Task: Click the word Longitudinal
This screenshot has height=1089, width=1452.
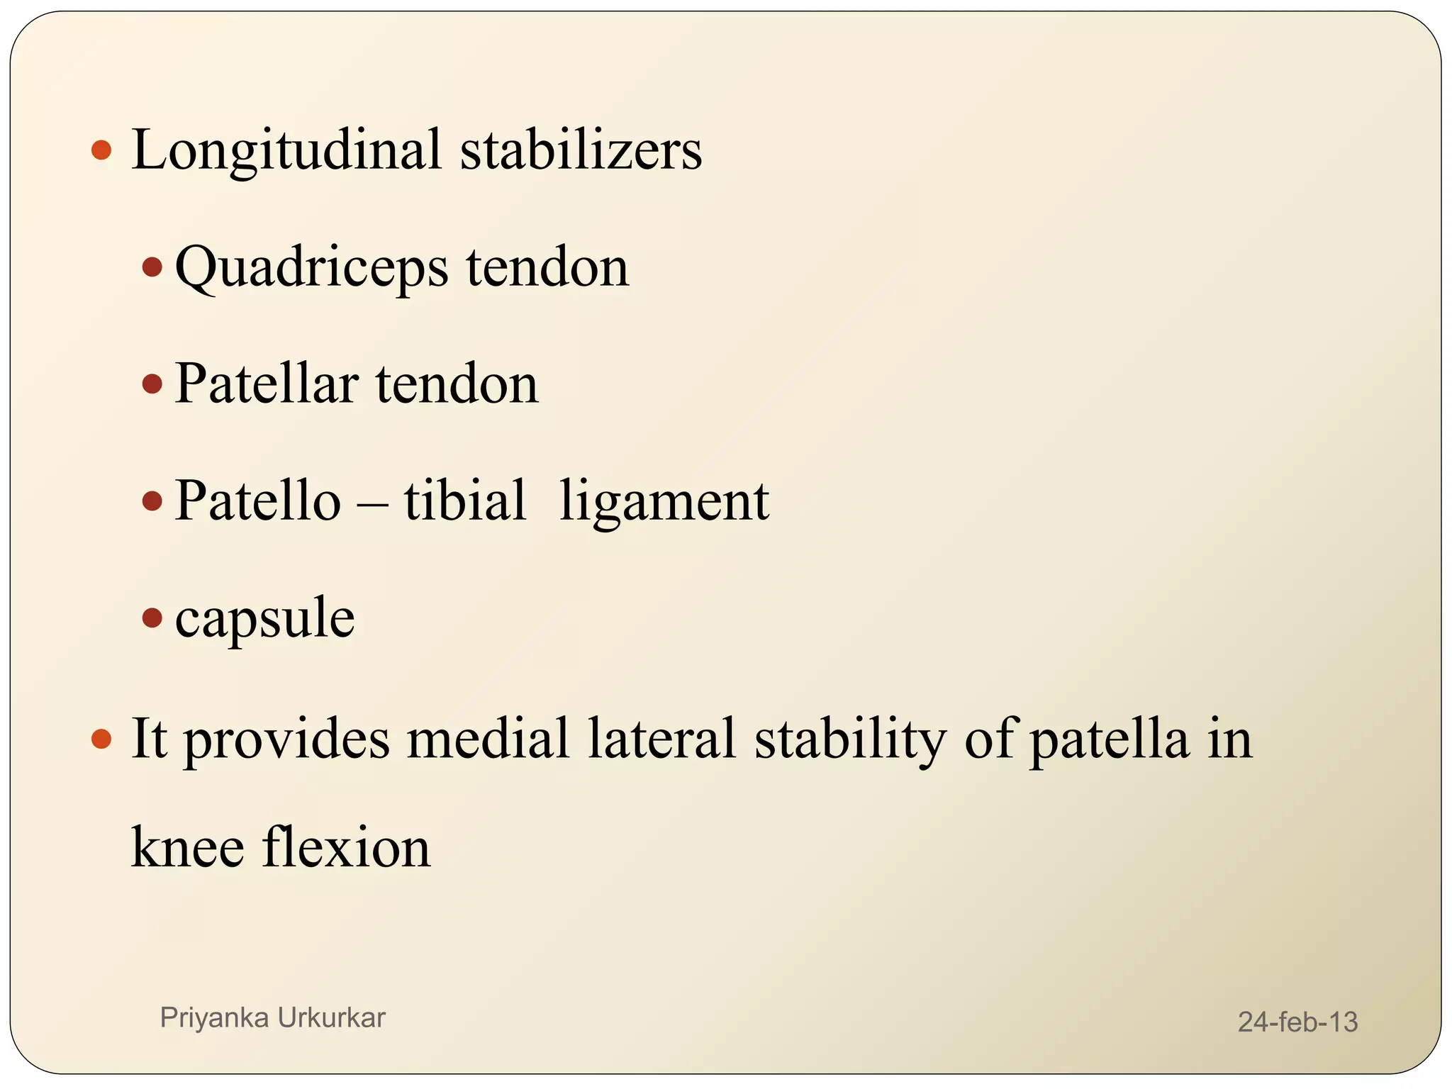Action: click(286, 150)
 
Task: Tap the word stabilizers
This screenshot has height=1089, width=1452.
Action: click(581, 150)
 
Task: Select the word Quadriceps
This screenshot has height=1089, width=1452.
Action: click(312, 268)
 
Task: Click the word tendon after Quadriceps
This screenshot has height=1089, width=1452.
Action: click(547, 267)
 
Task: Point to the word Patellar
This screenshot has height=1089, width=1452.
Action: click(266, 384)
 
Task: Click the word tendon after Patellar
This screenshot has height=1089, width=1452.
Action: click(457, 384)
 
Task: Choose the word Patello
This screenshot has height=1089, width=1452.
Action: click(258, 501)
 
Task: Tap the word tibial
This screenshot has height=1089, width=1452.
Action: click(465, 501)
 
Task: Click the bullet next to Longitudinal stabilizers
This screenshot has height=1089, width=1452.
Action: click(102, 150)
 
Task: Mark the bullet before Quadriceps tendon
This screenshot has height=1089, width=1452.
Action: click(152, 267)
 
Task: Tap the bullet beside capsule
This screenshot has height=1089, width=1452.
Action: click(152, 618)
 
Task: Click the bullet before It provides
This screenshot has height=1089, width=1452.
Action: click(102, 739)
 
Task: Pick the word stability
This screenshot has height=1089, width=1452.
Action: click(850, 739)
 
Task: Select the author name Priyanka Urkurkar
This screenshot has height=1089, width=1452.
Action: click(272, 1017)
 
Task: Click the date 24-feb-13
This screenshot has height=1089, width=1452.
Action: click(1297, 1022)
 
